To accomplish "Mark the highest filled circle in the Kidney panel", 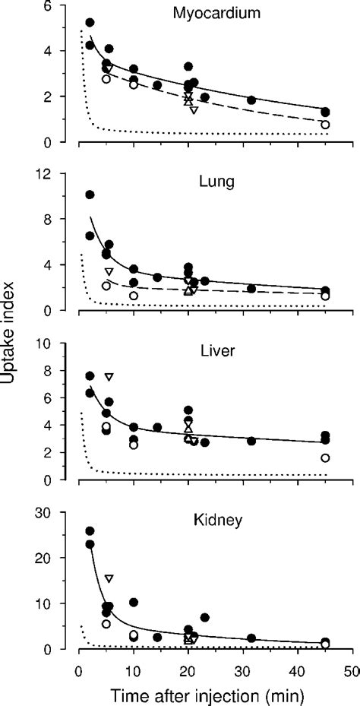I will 90,531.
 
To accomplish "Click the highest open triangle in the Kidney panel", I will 109,579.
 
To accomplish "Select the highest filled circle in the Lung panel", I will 90,195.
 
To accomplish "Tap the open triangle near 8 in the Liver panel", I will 109,377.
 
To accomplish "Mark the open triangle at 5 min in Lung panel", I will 109,272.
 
